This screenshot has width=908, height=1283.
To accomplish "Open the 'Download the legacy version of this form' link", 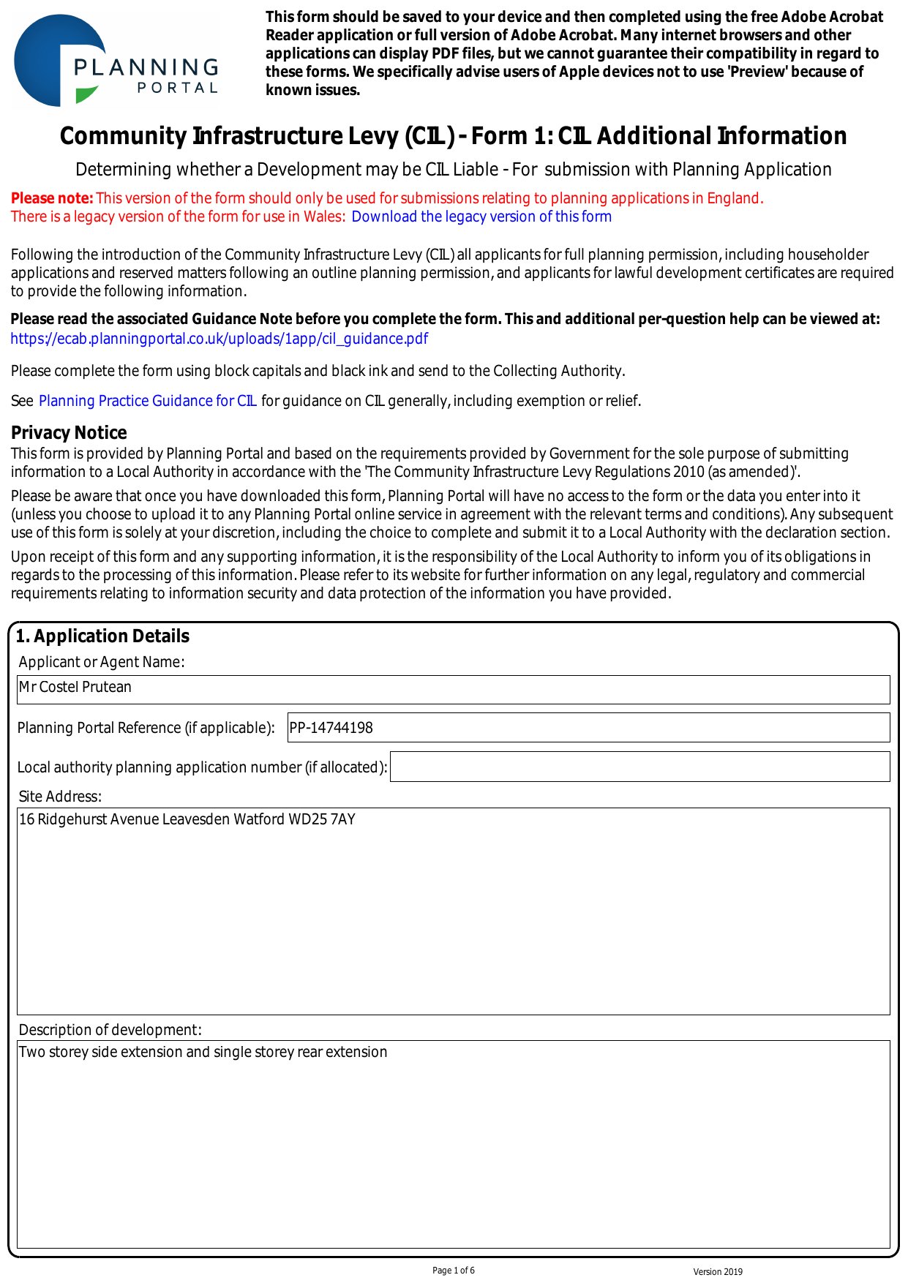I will [481, 217].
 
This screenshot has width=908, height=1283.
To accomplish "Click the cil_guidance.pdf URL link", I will [219, 339].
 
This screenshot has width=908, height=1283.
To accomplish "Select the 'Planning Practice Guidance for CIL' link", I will [147, 401].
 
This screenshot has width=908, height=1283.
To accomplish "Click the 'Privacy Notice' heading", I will [69, 432].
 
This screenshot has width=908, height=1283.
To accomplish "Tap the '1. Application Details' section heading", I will [102, 636].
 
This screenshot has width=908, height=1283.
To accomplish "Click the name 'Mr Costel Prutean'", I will [75, 687].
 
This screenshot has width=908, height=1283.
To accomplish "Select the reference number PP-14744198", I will [331, 728].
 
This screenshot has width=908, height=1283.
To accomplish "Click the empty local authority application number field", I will [639, 767].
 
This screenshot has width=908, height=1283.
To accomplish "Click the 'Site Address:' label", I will [60, 797].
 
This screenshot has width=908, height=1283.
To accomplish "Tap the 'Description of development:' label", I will [110, 1030].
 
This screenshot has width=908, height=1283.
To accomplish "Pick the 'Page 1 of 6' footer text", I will [454, 1271].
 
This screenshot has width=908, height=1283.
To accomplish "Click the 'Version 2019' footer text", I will [718, 1272].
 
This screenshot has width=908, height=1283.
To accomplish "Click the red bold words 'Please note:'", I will [52, 198].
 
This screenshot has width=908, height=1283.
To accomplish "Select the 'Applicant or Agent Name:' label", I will [102, 662].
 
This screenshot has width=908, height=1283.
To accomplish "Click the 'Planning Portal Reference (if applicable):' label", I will [146, 728].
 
